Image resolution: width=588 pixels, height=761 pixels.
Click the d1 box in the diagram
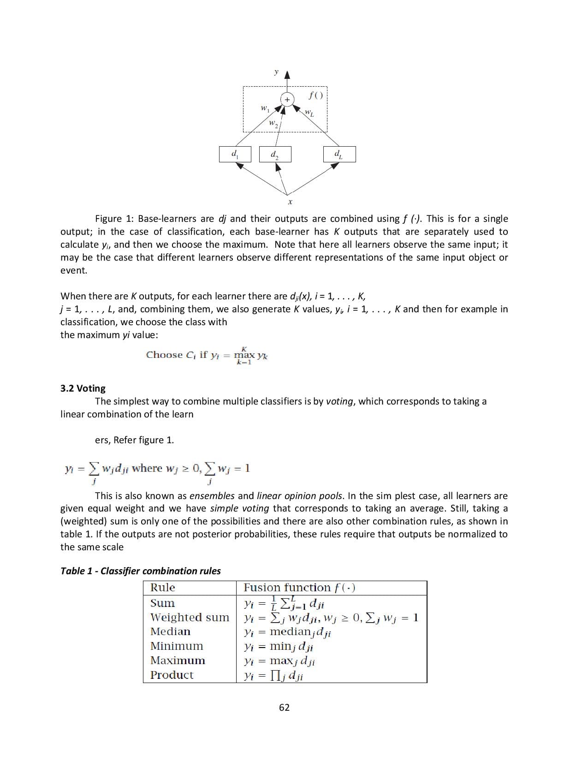[235, 154]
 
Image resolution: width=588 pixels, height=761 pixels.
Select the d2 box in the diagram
[275, 154]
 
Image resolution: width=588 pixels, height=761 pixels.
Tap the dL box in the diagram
[339, 154]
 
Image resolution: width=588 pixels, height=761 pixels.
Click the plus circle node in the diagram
[287, 100]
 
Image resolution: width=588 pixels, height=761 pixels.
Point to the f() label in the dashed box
[316, 95]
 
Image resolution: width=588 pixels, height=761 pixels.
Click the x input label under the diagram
[290, 202]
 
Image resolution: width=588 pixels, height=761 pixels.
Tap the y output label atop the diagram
[276, 72]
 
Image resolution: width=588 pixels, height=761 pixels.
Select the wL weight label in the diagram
[309, 113]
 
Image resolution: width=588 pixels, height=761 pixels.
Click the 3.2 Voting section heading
[83, 388]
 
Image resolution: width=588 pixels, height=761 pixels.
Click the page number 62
[285, 707]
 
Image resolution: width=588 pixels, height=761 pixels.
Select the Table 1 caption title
[141, 571]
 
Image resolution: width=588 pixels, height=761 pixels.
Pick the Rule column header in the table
[163, 588]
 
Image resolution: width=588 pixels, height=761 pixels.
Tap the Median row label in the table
[170, 631]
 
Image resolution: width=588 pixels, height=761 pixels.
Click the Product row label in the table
[172, 675]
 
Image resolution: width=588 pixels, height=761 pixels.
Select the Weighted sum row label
[190, 617]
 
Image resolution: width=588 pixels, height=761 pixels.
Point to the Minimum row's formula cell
[279, 647]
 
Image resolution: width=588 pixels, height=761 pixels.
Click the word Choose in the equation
[164, 355]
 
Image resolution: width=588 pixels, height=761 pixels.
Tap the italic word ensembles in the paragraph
[212, 496]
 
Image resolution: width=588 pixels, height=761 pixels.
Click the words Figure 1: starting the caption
[115, 219]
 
